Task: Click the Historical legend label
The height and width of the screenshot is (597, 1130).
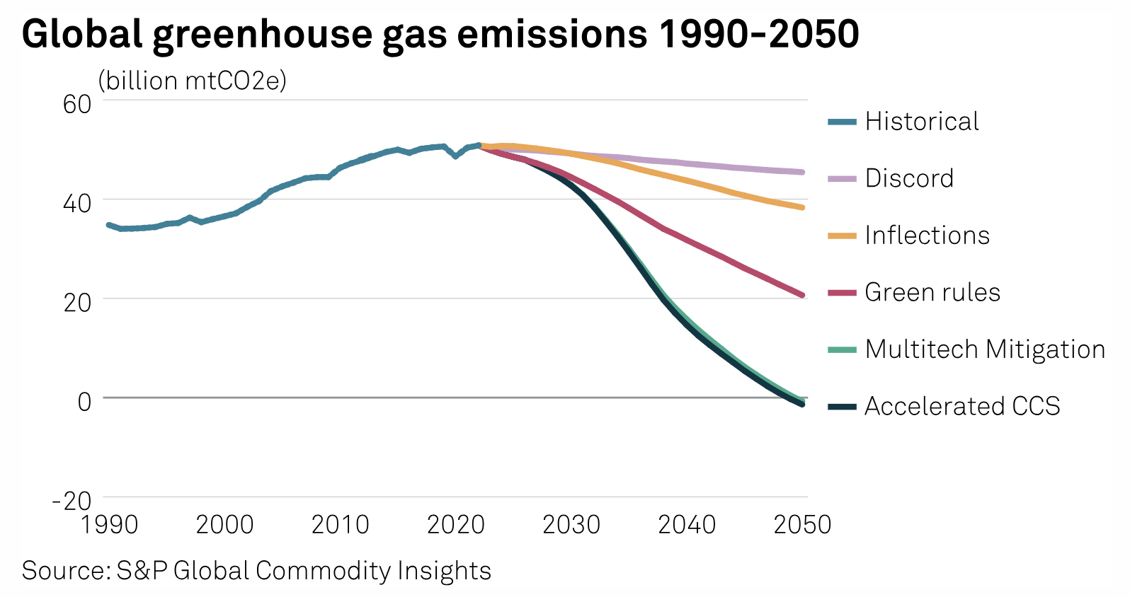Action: pyautogui.click(x=921, y=122)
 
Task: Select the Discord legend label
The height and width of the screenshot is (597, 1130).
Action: pyautogui.click(x=909, y=178)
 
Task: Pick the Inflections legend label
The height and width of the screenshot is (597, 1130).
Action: pyautogui.click(x=927, y=236)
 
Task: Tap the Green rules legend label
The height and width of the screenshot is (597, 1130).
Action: pyautogui.click(x=932, y=292)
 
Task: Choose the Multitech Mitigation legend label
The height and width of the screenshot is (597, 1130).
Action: pyautogui.click(x=984, y=349)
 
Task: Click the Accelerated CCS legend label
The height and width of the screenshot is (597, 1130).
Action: pyautogui.click(x=961, y=406)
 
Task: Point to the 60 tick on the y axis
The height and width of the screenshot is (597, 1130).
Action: pyautogui.click(x=77, y=104)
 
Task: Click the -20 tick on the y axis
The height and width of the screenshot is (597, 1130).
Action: pyautogui.click(x=72, y=501)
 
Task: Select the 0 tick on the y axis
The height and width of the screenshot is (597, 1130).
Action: pyautogui.click(x=84, y=401)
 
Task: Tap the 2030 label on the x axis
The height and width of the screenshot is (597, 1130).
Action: pyautogui.click(x=571, y=525)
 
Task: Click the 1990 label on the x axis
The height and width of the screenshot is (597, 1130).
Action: pyautogui.click(x=109, y=525)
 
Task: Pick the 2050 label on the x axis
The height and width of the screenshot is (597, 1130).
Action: pyautogui.click(x=802, y=525)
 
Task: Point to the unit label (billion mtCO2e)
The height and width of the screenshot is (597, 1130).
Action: pyautogui.click(x=192, y=81)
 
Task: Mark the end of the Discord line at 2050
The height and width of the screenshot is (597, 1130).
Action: pyautogui.click(x=802, y=172)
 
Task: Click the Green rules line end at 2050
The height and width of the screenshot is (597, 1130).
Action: pyautogui.click(x=802, y=295)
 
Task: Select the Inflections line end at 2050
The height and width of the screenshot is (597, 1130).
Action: pyautogui.click(x=802, y=207)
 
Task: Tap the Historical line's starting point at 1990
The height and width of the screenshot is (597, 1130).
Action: pyautogui.click(x=108, y=225)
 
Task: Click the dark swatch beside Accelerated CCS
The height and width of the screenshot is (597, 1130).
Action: pyautogui.click(x=842, y=407)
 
